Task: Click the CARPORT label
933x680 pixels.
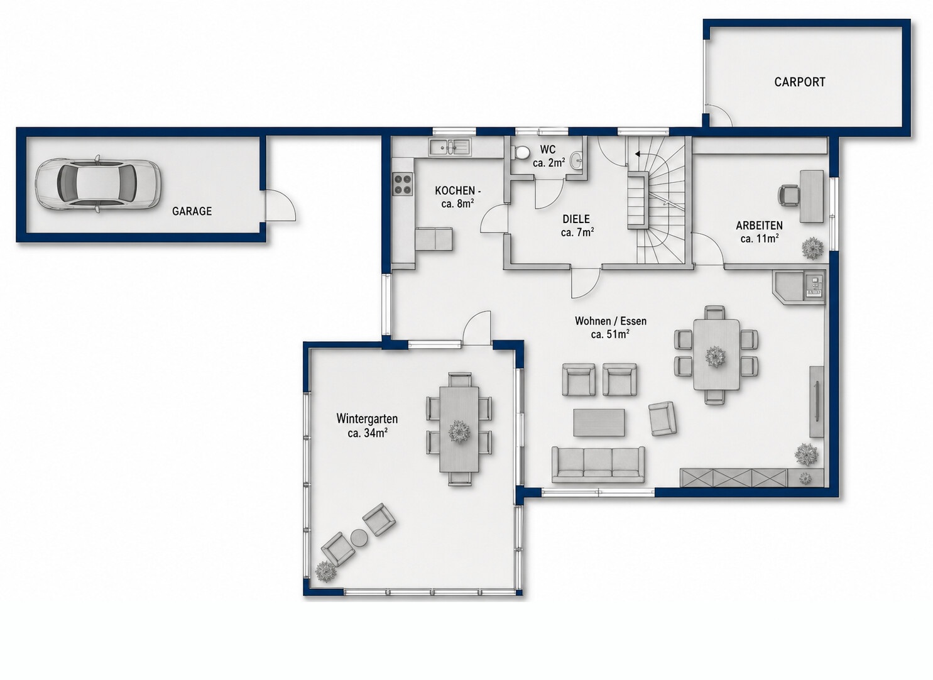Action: [799, 82]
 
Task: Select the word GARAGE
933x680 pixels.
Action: [192, 211]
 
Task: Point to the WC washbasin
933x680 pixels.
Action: [577, 160]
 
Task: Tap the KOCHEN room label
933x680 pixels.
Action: [457, 191]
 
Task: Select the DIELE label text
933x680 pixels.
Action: [576, 219]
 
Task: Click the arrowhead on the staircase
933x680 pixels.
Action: [638, 154]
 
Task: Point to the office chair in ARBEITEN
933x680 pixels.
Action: [789, 195]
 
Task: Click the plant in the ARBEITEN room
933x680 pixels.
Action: [812, 248]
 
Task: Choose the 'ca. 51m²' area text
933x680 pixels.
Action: [610, 334]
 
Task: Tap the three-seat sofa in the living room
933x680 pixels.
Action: [598, 464]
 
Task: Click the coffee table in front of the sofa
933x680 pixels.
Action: [599, 422]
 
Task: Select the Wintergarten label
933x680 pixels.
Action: [367, 418]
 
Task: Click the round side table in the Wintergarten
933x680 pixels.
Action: [358, 537]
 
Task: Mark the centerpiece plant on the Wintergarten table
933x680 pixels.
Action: [459, 432]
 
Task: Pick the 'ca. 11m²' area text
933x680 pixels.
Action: [760, 239]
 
